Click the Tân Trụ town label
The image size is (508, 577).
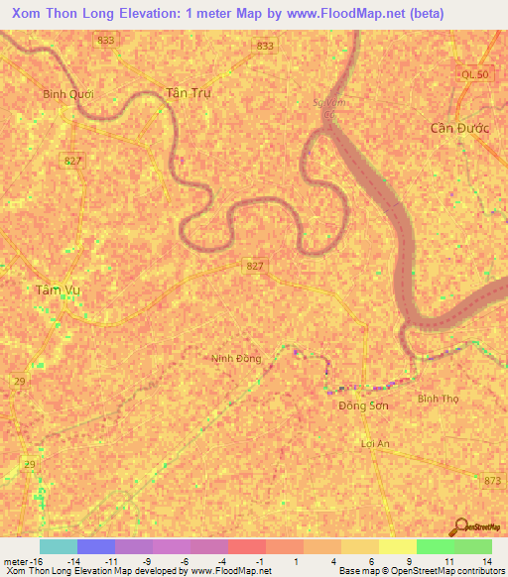[x=189, y=92]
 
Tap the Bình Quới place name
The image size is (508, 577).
[x=67, y=95]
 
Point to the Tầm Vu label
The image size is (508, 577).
[x=57, y=289]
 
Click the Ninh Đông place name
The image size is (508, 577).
[x=236, y=358]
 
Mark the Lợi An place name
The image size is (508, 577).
[x=376, y=443]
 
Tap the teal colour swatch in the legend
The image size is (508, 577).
[x=58, y=546]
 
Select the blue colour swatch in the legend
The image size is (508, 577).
[x=95, y=546]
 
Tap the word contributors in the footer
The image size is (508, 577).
[x=478, y=571]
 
